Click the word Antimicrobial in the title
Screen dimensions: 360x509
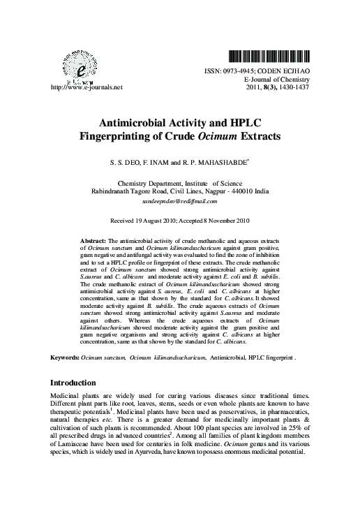139,122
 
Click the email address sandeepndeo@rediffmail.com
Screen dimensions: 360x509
180,200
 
